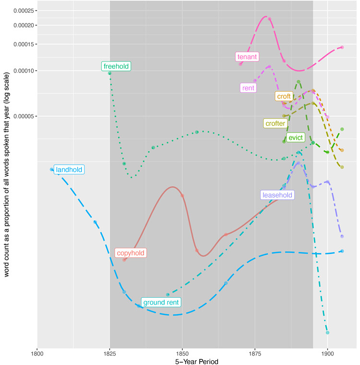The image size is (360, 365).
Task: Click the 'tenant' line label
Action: pyautogui.click(x=247, y=57)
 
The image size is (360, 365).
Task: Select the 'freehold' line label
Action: pyautogui.click(x=116, y=66)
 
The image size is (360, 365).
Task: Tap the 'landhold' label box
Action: pyautogui.click(x=69, y=170)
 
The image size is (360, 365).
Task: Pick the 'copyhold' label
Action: pyautogui.click(x=130, y=253)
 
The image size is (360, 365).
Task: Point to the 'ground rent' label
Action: pyautogui.click(x=161, y=302)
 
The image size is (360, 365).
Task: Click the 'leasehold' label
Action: pyautogui.click(x=277, y=195)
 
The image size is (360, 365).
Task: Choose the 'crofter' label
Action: pyautogui.click(x=275, y=123)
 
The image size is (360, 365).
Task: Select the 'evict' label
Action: pyautogui.click(x=295, y=138)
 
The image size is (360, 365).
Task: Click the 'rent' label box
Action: pyautogui.click(x=249, y=88)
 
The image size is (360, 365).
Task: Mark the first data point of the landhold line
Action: pyautogui.click(x=52, y=169)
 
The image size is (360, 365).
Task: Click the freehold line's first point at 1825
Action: pyautogui.click(x=110, y=73)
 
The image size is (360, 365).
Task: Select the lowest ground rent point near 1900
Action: pyautogui.click(x=327, y=332)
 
